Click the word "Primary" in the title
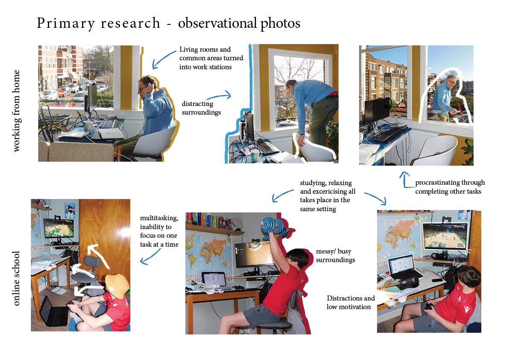[x=66, y=24]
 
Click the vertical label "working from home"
[x=16, y=111]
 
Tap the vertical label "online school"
[x=16, y=278]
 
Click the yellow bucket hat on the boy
[x=117, y=285]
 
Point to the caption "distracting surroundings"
[x=201, y=108]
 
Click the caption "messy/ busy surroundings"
[x=335, y=256]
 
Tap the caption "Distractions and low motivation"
[x=350, y=303]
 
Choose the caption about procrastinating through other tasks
[x=450, y=187]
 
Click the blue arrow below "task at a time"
[x=150, y=257]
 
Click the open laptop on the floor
[x=53, y=311]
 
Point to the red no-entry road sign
[x=61, y=93]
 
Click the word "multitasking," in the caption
[x=159, y=218]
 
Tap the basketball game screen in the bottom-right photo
[x=445, y=236]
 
